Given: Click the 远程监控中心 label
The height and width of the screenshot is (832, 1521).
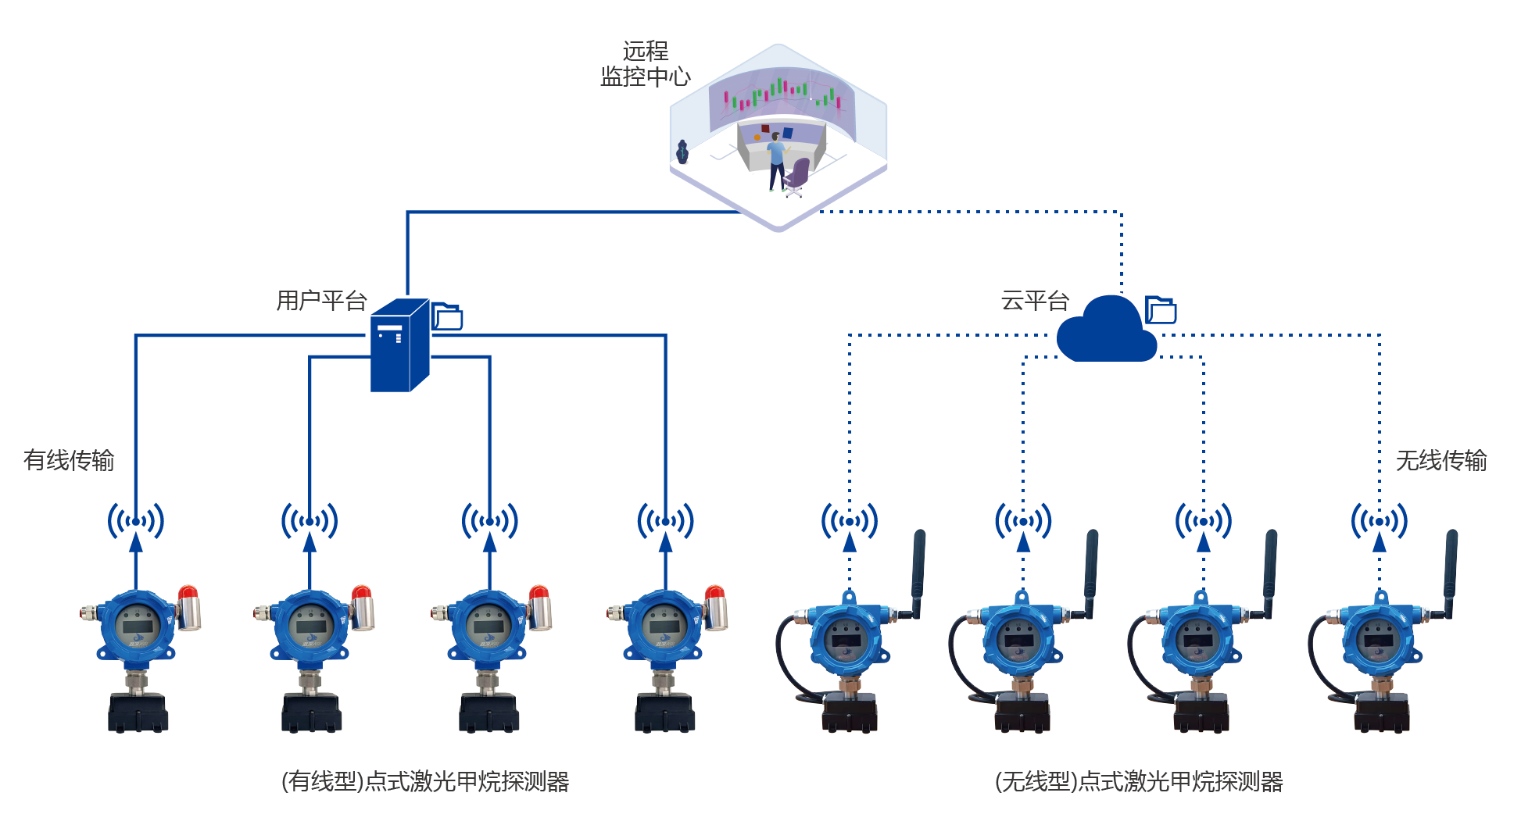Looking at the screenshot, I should click(645, 64).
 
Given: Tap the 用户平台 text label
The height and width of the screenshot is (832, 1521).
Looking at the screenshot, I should click(321, 301).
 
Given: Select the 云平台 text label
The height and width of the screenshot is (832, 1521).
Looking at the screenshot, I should click(1035, 301).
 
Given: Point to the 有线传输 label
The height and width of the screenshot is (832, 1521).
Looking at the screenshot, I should click(69, 460).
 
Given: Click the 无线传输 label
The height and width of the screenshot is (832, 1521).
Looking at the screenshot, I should click(1440, 460).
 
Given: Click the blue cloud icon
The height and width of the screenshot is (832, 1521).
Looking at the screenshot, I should click(1105, 332).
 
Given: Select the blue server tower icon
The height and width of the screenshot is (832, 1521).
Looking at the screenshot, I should click(399, 345).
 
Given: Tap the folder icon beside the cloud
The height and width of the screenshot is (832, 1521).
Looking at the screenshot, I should click(1161, 310).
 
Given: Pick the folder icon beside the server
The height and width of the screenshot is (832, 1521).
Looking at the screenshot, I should click(448, 316).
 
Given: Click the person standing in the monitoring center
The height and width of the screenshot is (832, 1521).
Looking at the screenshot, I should click(775, 160).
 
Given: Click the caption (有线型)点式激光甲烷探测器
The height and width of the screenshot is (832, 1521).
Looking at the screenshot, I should click(425, 781).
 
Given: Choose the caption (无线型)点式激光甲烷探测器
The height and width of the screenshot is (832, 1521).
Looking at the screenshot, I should click(1139, 781).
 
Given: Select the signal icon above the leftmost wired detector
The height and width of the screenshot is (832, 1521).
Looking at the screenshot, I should click(136, 521).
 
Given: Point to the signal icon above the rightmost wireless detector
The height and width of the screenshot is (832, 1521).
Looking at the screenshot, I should click(1380, 521).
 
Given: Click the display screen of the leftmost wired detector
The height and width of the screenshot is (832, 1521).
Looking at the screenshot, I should click(138, 626).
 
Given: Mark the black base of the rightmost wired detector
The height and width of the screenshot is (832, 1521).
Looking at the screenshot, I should click(664, 713).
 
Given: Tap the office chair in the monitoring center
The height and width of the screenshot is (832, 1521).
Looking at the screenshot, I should click(797, 176).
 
